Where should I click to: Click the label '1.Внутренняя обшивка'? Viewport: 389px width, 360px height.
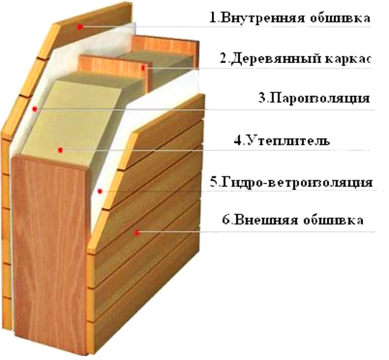pos(290,18)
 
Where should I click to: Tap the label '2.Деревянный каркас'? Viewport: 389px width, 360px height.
pos(295,59)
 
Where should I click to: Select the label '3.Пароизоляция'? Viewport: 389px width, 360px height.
pos(314,98)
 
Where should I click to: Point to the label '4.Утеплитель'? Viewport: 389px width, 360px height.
pos(282,141)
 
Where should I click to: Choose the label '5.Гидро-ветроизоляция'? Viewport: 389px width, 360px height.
pos(291,182)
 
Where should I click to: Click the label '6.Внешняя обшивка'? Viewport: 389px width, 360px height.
pos(293,220)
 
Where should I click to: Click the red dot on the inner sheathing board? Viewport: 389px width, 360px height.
pos(80,27)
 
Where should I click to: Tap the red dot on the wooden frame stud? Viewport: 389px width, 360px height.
pos(143,67)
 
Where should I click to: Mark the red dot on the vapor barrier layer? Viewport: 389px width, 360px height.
pos(35,109)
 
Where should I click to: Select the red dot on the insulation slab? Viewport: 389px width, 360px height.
pos(60,150)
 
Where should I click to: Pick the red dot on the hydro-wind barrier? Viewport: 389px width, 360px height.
pos(100,191)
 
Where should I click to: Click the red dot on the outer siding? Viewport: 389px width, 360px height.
pos(137,233)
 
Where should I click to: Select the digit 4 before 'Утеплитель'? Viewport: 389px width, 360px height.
pos(237,141)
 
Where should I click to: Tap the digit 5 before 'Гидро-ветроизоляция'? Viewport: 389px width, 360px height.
pos(213,182)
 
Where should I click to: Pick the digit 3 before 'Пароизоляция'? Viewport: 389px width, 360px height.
pos(261,97)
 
